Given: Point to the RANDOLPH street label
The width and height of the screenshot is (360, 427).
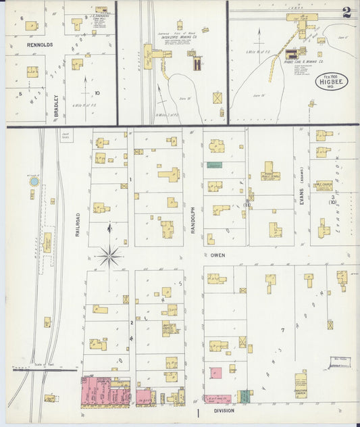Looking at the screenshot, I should (192, 220).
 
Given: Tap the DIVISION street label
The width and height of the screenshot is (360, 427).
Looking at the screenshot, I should (224, 411).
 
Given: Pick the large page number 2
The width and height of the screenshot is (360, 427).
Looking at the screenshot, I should (346, 12).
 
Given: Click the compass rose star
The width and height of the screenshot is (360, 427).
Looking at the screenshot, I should (109, 255).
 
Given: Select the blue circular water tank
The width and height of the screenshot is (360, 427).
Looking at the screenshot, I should (34, 182).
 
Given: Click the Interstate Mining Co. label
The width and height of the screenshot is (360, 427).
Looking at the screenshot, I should (178, 39).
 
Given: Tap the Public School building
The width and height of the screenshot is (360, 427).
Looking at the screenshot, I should (270, 171).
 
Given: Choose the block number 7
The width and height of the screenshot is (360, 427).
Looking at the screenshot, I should (283, 330).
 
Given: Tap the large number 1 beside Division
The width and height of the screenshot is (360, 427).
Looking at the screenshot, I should (198, 412).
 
